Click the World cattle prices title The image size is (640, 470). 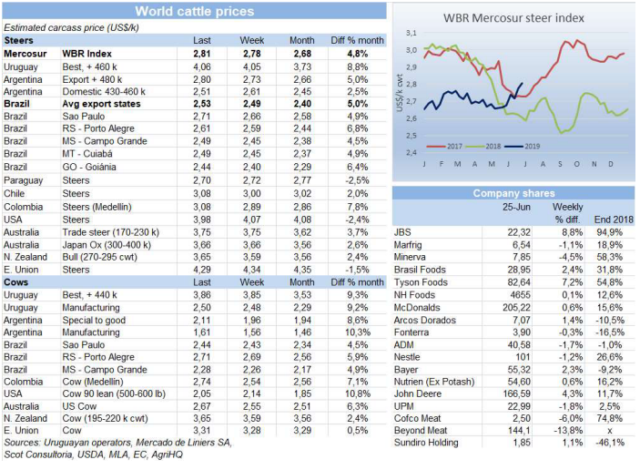click(x=194, y=11)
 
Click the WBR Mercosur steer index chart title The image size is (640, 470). click(x=513, y=17)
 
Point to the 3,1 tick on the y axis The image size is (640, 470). click(x=411, y=32)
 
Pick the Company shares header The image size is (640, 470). click(x=513, y=193)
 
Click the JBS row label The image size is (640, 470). click(x=402, y=232)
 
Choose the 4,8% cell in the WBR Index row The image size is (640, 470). click(x=358, y=54)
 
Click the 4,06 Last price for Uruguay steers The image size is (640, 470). click(x=202, y=66)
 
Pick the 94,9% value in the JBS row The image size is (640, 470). click(x=610, y=232)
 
